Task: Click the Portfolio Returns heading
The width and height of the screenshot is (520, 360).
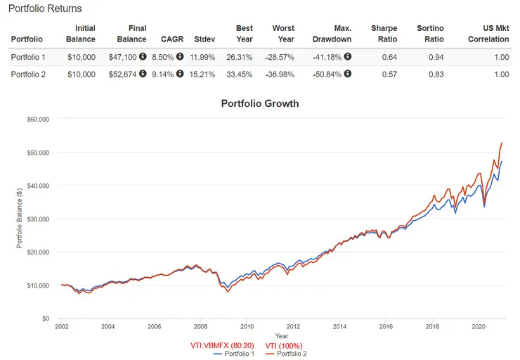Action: pos(45,8)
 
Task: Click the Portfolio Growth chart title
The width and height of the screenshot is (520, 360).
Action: pos(259,103)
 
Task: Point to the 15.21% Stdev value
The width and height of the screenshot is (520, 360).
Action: pos(205,74)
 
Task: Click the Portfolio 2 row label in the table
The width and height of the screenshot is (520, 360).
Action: pos(29,74)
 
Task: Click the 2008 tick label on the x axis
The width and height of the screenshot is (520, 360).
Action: pos(200,326)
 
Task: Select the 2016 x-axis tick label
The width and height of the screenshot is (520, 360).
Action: pos(386,326)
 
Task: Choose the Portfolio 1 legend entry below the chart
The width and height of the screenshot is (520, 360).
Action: pos(235,354)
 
